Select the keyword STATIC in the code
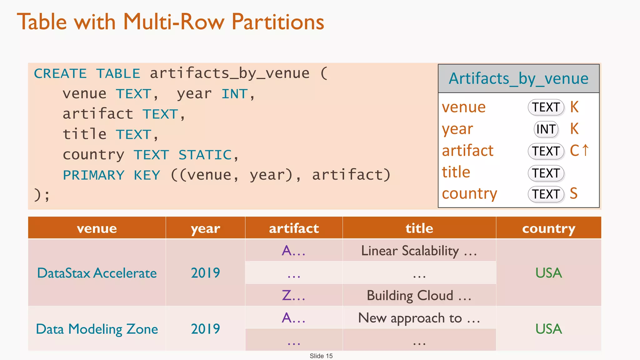pyautogui.click(x=205, y=155)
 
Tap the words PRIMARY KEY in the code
pyautogui.click(x=112, y=175)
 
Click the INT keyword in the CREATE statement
pyautogui.click(x=234, y=94)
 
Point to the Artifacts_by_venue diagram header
pyautogui.click(x=518, y=78)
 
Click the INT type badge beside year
pyautogui.click(x=546, y=129)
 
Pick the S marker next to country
pyautogui.click(x=573, y=193)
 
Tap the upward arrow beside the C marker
pyautogui.click(x=586, y=150)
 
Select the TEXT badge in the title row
pyautogui.click(x=546, y=173)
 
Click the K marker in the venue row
pyautogui.click(x=574, y=107)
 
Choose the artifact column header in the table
pyautogui.click(x=294, y=228)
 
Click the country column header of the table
pyautogui.click(x=548, y=228)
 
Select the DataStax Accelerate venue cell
pyautogui.click(x=97, y=273)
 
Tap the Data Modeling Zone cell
pyautogui.click(x=97, y=329)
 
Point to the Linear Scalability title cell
pyautogui.click(x=419, y=251)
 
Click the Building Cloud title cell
pyautogui.click(x=419, y=295)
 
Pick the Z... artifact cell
pyautogui.click(x=293, y=295)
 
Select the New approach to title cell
pyautogui.click(x=419, y=318)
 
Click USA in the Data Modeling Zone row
pyautogui.click(x=548, y=329)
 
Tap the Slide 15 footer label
pyautogui.click(x=321, y=356)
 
